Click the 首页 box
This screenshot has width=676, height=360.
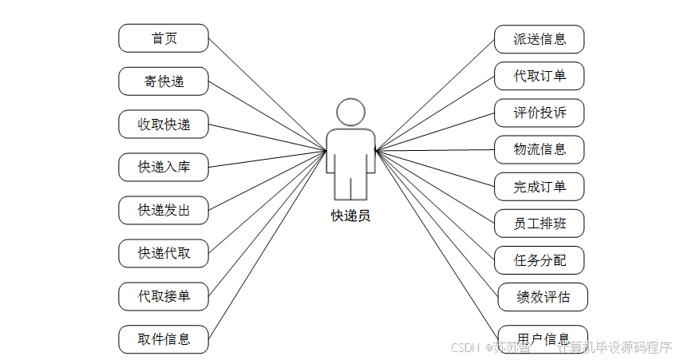(x=164, y=38)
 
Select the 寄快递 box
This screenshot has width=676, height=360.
(x=164, y=81)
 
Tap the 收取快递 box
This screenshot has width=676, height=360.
(x=164, y=125)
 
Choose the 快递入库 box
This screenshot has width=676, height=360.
(x=164, y=168)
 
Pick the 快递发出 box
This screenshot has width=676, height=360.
(x=164, y=210)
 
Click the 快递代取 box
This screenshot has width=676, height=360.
(x=164, y=253)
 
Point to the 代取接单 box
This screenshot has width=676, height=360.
(x=164, y=296)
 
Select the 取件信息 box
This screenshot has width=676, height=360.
(x=164, y=339)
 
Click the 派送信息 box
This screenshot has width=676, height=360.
(x=540, y=38)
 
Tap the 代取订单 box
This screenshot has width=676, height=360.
(x=540, y=76)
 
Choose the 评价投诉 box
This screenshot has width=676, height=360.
(x=540, y=113)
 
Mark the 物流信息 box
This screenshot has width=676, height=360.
(x=540, y=149)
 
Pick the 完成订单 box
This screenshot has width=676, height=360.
(x=540, y=187)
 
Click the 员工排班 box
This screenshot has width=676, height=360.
(x=540, y=224)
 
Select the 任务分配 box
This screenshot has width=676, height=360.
(x=540, y=260)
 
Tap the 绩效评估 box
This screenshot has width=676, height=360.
(x=544, y=297)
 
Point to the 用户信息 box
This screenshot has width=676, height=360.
(x=544, y=336)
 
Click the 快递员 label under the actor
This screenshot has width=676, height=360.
(x=350, y=216)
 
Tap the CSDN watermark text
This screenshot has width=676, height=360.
(x=464, y=348)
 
